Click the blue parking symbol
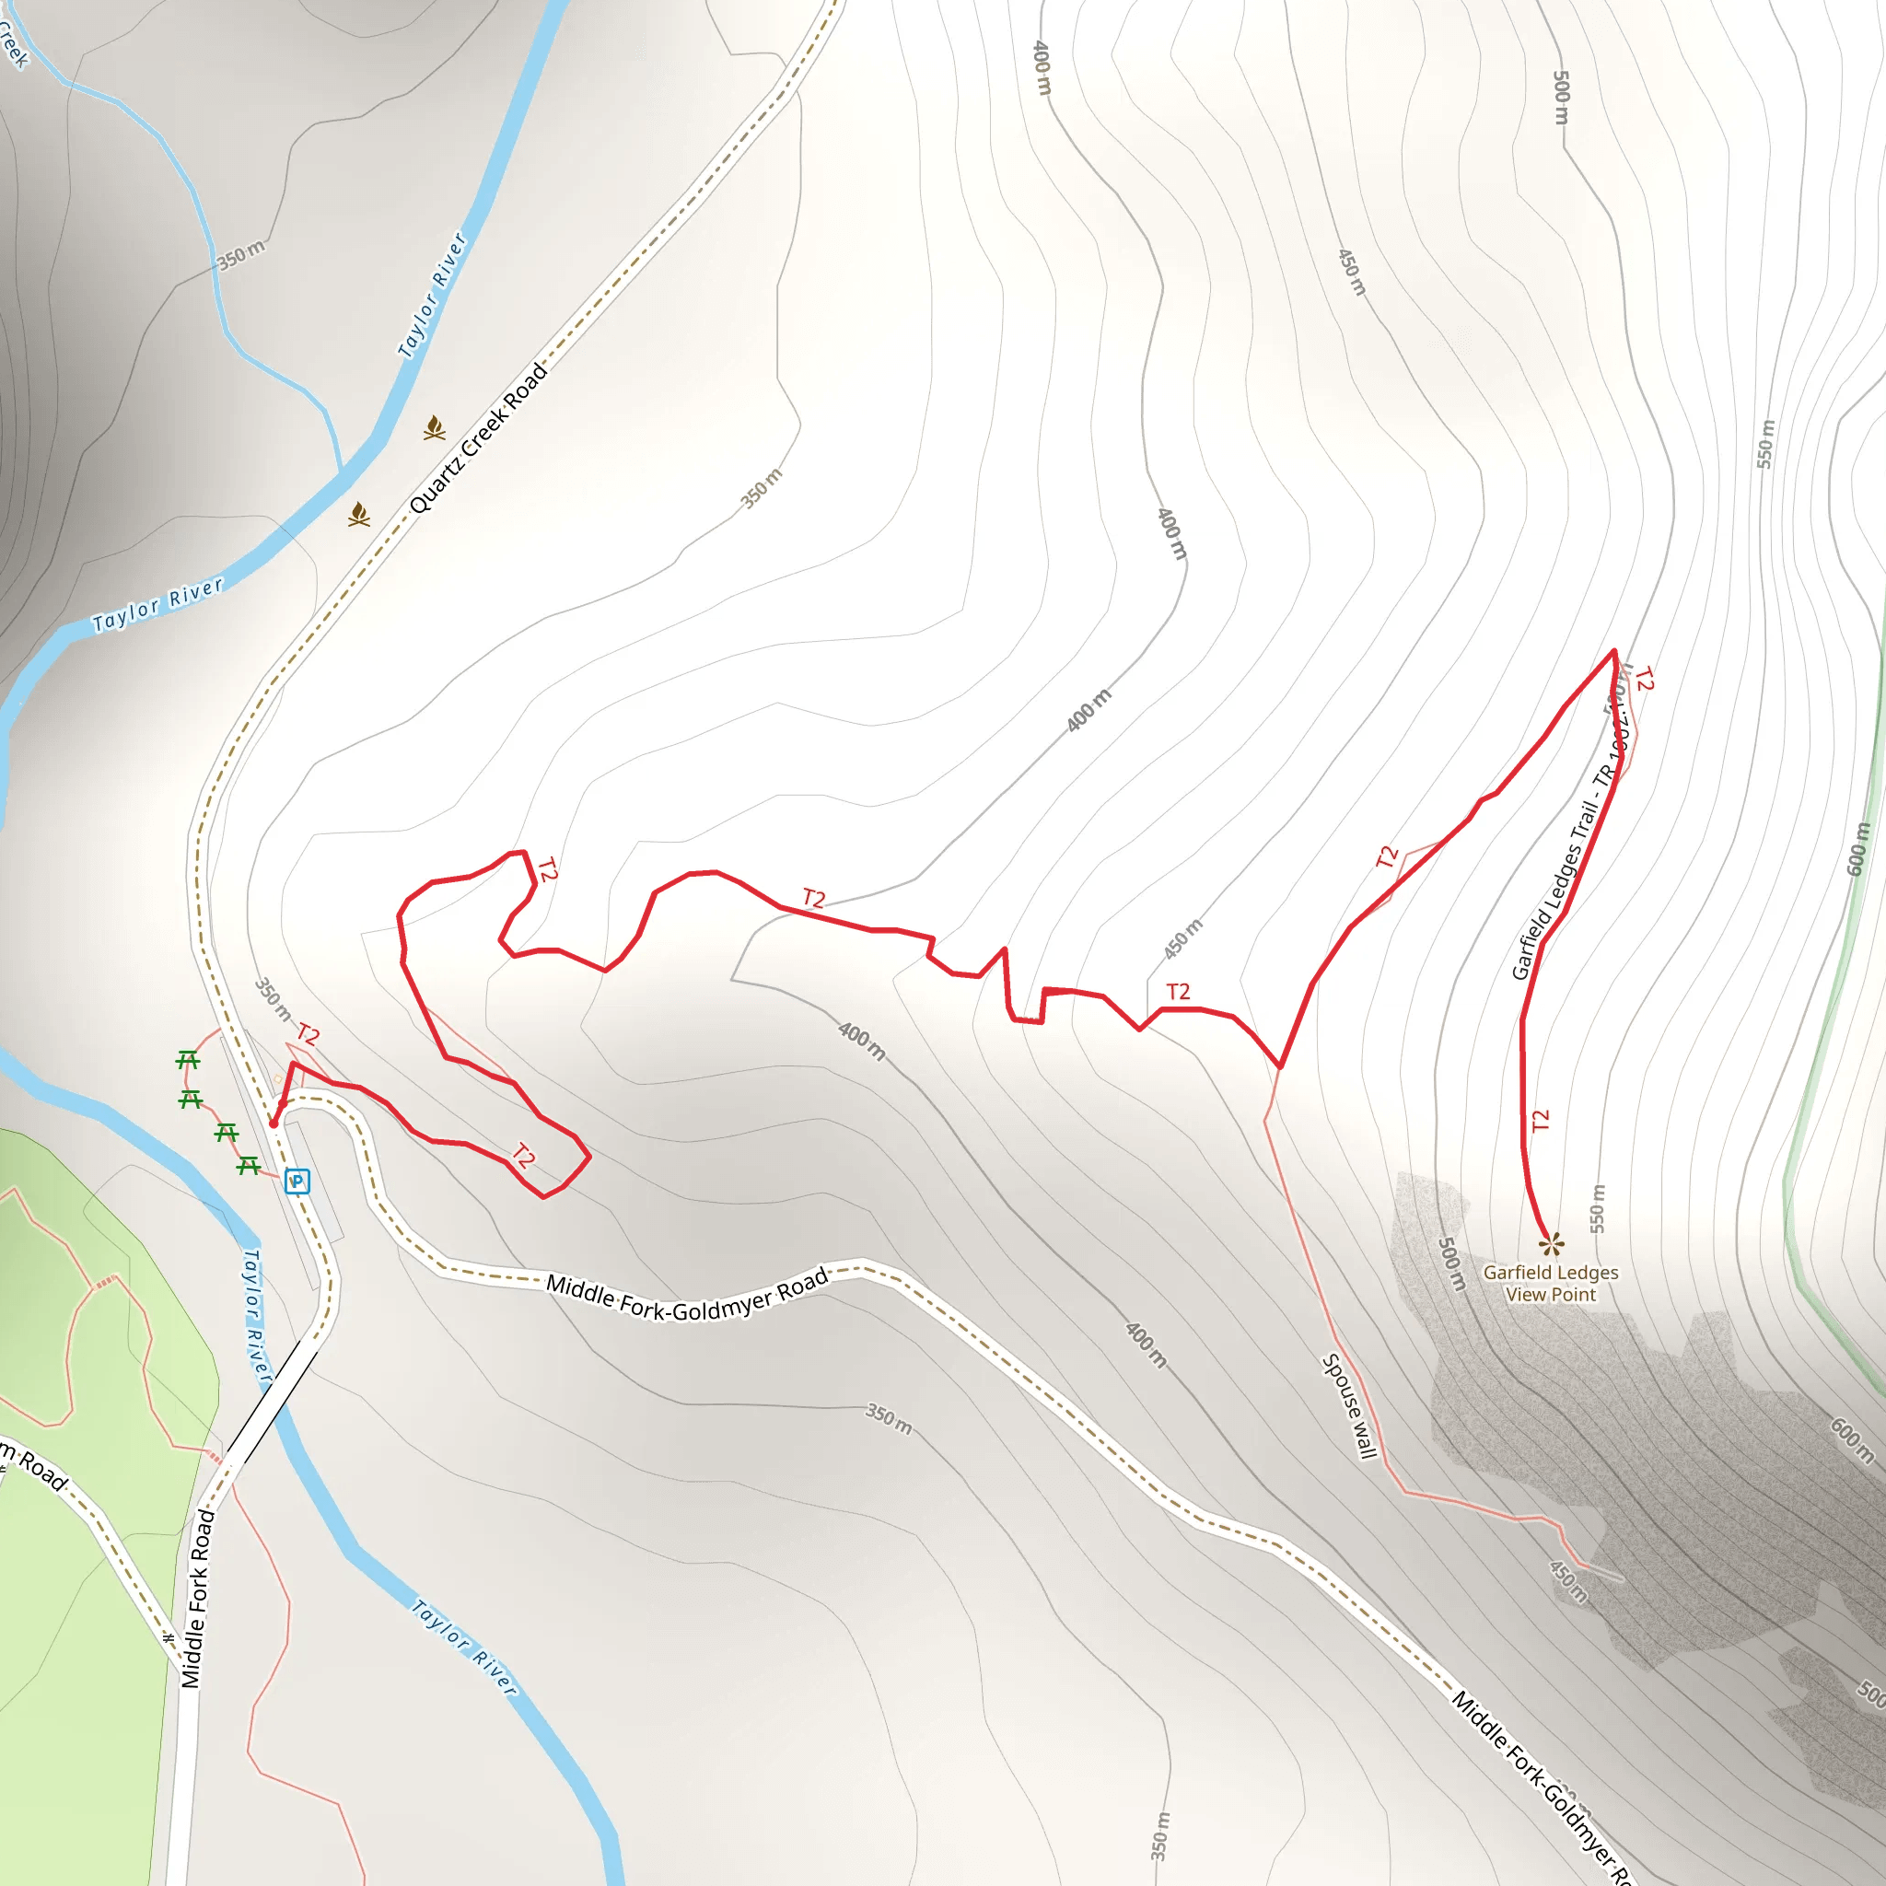pyautogui.click(x=297, y=1182)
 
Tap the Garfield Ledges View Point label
pyautogui.click(x=1550, y=1284)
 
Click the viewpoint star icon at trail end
pyautogui.click(x=1550, y=1243)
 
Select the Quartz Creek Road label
pyautogui.click(x=478, y=438)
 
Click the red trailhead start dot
pyautogui.click(x=274, y=1123)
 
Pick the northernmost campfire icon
pyautogui.click(x=435, y=427)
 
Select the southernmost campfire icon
pyautogui.click(x=359, y=515)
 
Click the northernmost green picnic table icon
pyautogui.click(x=189, y=1059)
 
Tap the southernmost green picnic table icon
pyautogui.click(x=248, y=1166)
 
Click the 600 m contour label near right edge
pyautogui.click(x=1858, y=849)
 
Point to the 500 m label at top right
pyautogui.click(x=1561, y=98)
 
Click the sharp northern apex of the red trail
pyautogui.click(x=1613, y=650)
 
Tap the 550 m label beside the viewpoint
pyautogui.click(x=1597, y=1207)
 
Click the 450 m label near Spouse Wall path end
pyautogui.click(x=1568, y=1582)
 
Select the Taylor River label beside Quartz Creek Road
pyautogui.click(x=433, y=295)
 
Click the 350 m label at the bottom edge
pyautogui.click(x=1158, y=1836)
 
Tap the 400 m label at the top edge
pyautogui.click(x=1042, y=67)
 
